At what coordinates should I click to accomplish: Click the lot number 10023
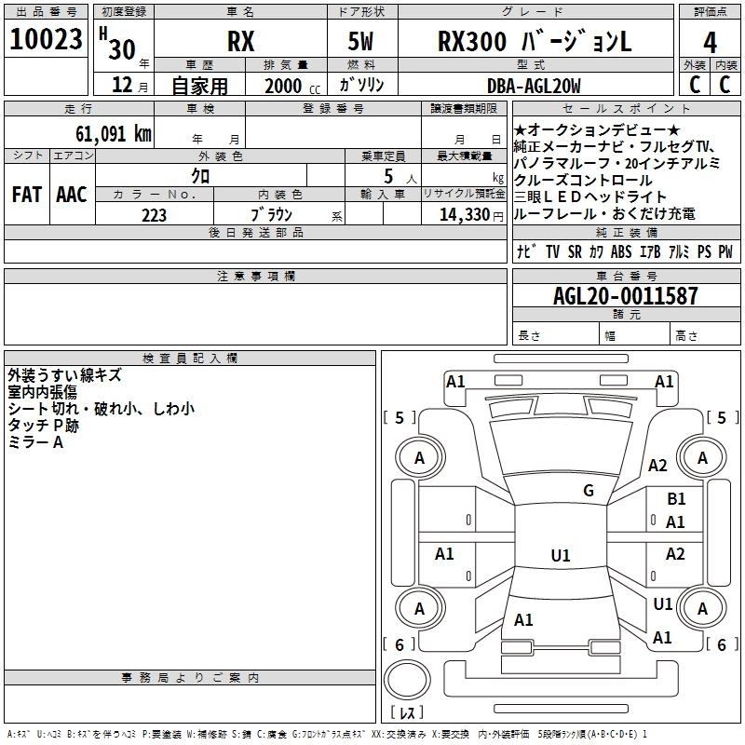(x=47, y=41)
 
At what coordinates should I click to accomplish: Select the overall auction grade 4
(x=710, y=42)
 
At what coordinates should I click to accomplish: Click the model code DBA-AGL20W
(x=533, y=86)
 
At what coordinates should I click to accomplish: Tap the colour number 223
(x=154, y=215)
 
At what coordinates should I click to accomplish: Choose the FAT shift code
(x=26, y=195)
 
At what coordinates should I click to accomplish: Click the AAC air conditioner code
(x=71, y=195)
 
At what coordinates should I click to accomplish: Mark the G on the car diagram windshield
(x=588, y=491)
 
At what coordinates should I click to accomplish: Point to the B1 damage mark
(x=676, y=500)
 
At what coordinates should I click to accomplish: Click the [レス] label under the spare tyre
(x=407, y=713)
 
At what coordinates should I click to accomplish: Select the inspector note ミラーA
(x=35, y=442)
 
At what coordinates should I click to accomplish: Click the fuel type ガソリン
(x=362, y=86)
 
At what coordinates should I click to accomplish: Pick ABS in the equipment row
(x=621, y=251)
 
